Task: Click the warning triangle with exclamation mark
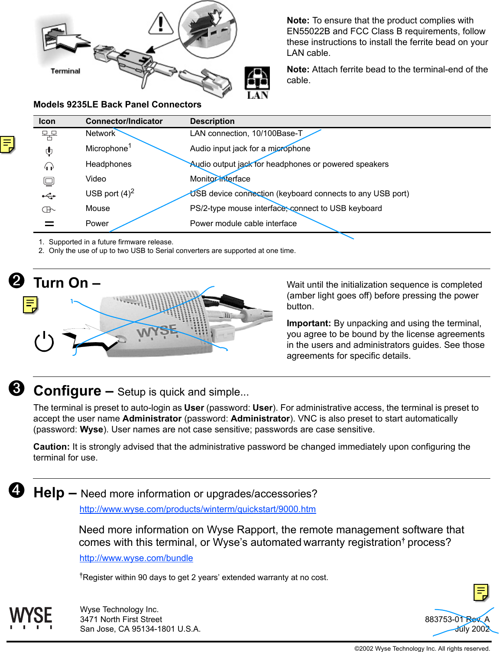pyautogui.click(x=161, y=24)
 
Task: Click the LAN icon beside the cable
pyautogui.click(x=257, y=82)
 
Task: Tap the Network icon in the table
pyautogui.click(x=49, y=135)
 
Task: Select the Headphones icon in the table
pyautogui.click(x=49, y=166)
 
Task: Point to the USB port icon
pyautogui.click(x=49, y=196)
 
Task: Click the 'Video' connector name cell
pyautogui.click(x=96, y=179)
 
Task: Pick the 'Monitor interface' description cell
pyautogui.click(x=220, y=179)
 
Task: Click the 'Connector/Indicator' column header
pyautogui.click(x=124, y=121)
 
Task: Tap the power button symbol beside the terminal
pyautogui.click(x=44, y=342)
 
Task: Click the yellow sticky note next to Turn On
pyautogui.click(x=30, y=305)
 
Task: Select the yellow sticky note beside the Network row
pyautogui.click(x=7, y=144)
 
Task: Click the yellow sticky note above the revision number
pyautogui.click(x=481, y=592)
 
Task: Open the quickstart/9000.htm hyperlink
pyautogui.click(x=198, y=509)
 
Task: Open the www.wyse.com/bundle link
pyautogui.click(x=136, y=558)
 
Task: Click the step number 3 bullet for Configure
pyautogui.click(x=16, y=388)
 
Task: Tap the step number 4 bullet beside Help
pyautogui.click(x=16, y=490)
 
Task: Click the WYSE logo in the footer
pyautogui.click(x=31, y=617)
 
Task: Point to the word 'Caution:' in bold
pyautogui.click(x=51, y=447)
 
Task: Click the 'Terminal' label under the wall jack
pyautogui.click(x=65, y=71)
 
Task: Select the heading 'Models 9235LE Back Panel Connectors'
pyautogui.click(x=117, y=104)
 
